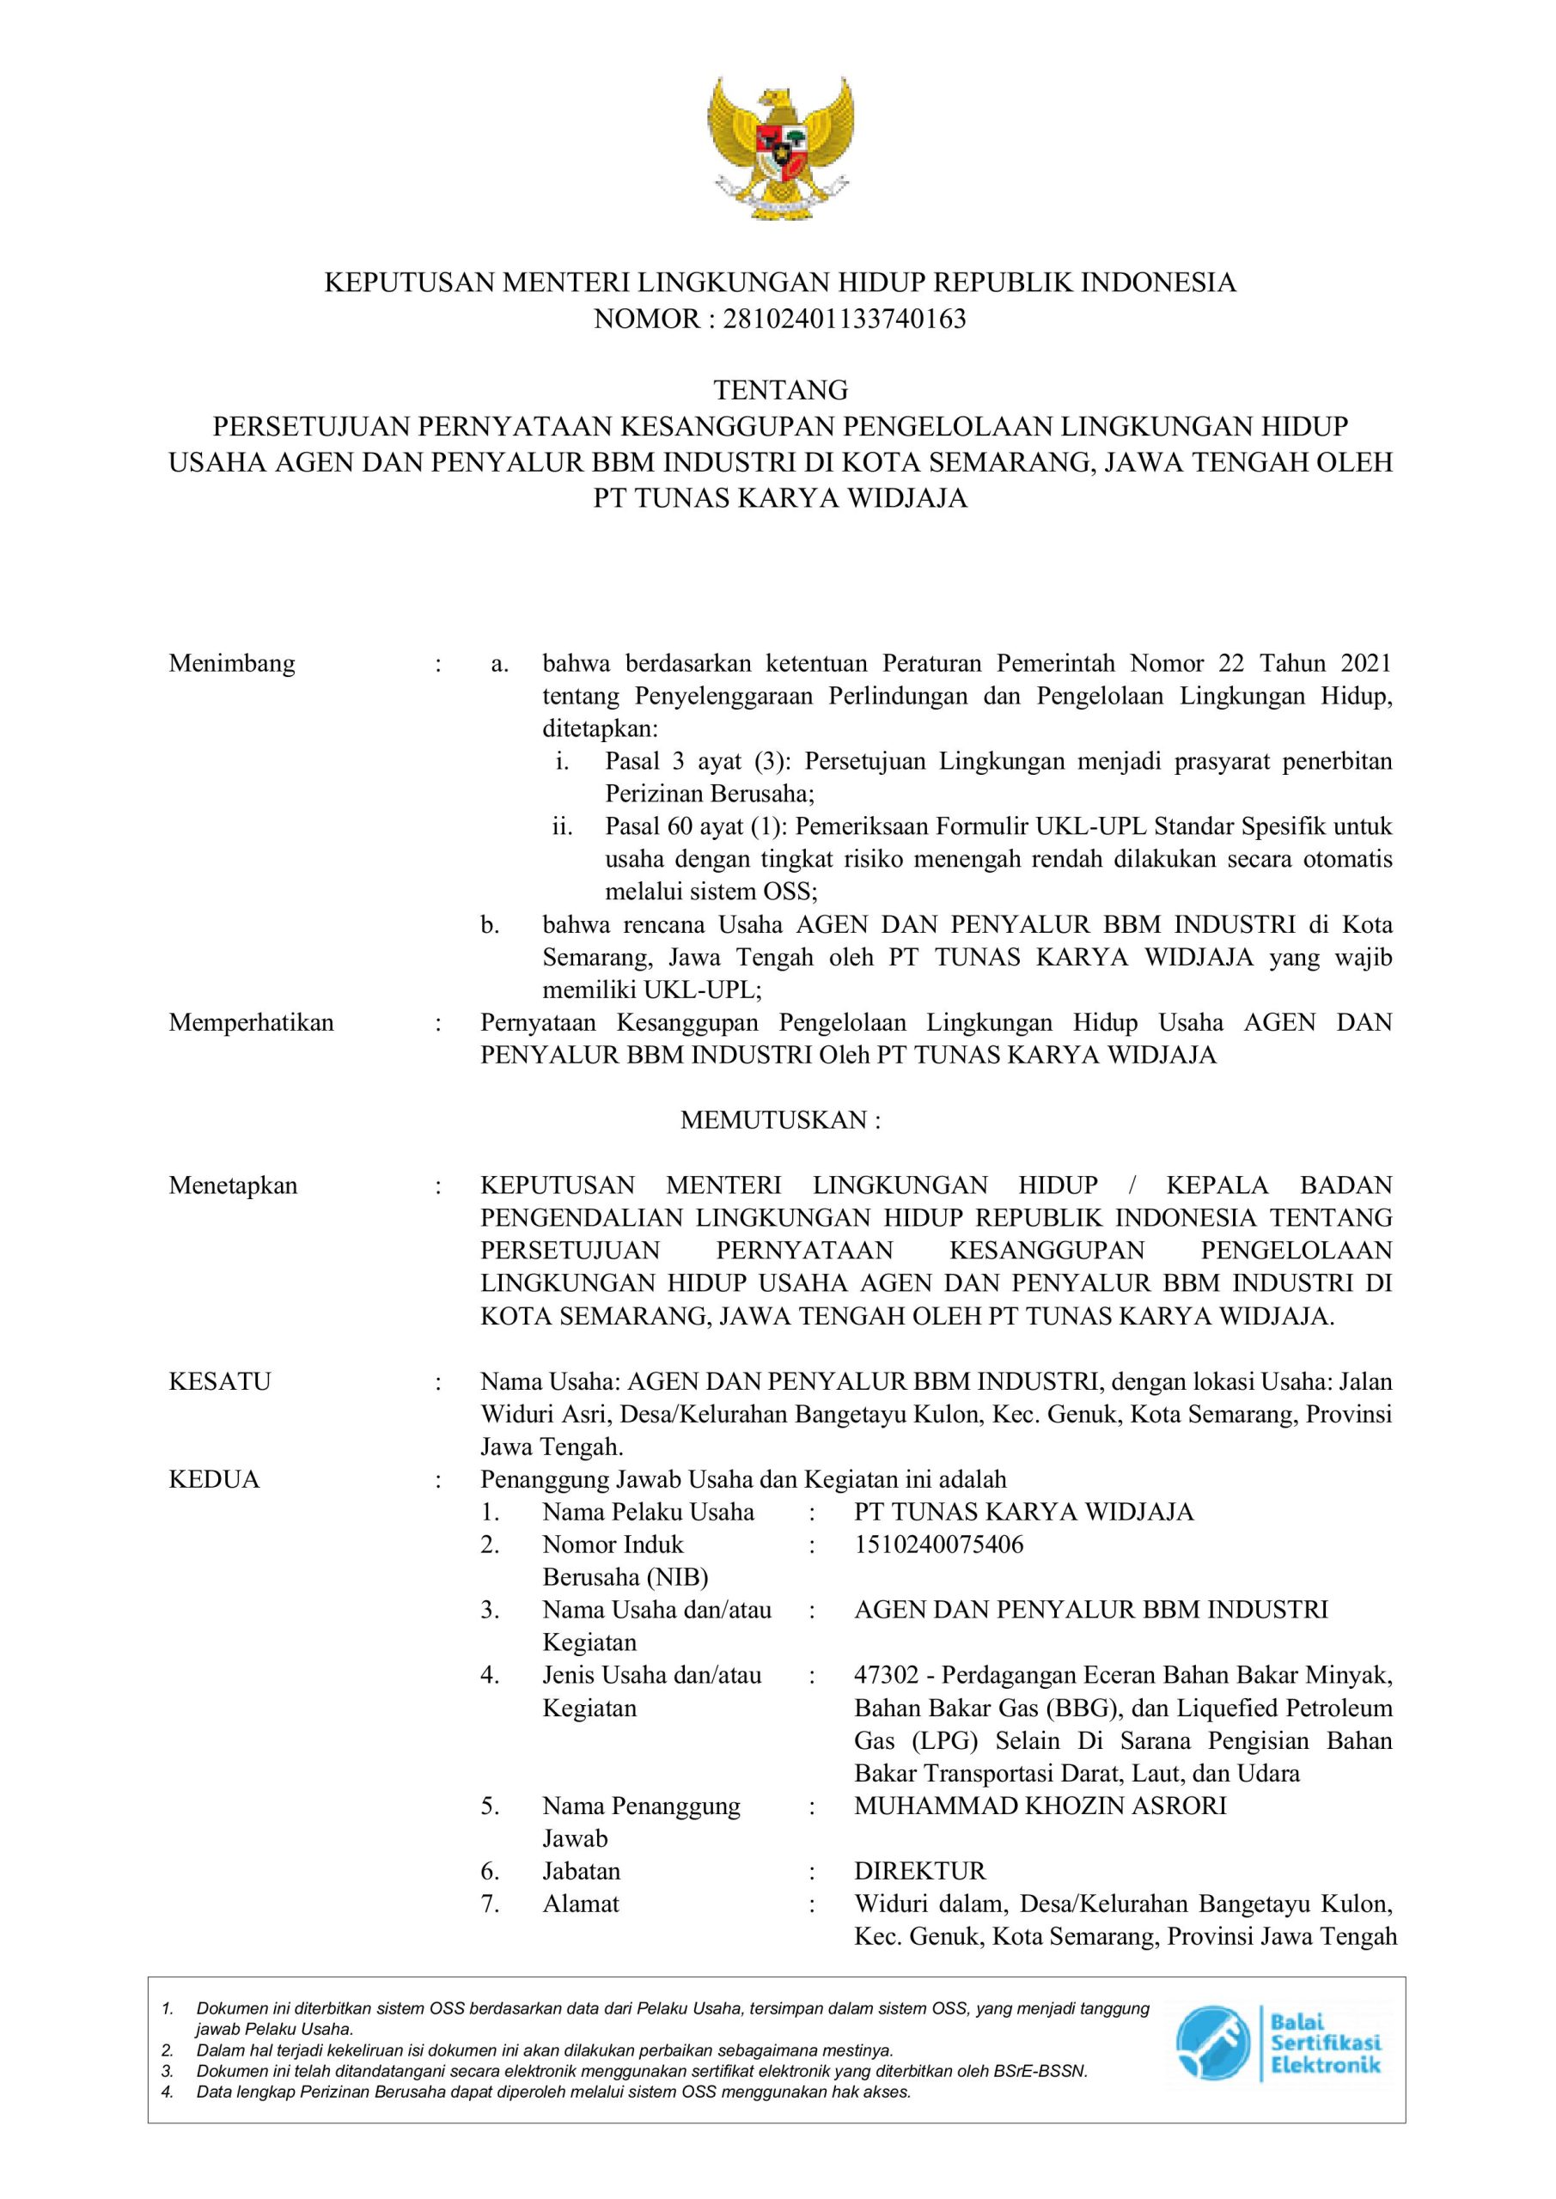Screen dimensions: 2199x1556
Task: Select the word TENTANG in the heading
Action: (781, 391)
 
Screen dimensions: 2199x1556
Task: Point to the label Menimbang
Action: (232, 664)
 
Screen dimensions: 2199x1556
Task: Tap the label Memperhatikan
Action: (251, 1023)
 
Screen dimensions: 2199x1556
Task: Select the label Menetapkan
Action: (233, 1185)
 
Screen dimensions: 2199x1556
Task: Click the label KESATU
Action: (219, 1382)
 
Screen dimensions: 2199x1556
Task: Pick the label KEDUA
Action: (214, 1480)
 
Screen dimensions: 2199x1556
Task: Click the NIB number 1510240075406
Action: (938, 1544)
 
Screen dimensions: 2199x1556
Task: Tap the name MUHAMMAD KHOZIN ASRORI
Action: (1040, 1806)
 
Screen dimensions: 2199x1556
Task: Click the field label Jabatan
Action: (581, 1872)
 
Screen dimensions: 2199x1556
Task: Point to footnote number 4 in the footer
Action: (167, 2092)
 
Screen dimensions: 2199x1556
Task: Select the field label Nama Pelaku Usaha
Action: (648, 1513)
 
